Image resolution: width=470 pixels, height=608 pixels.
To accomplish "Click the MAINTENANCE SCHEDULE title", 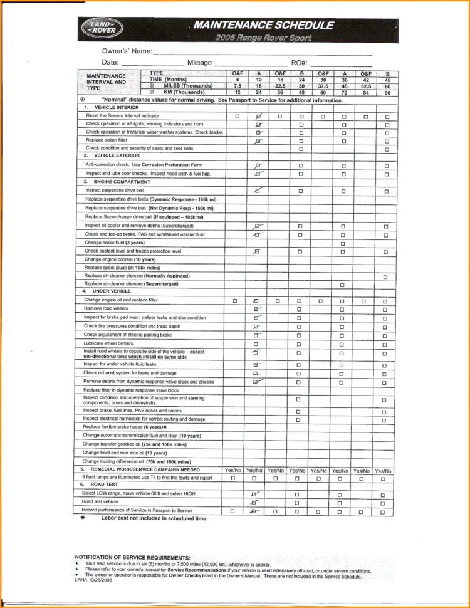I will tap(263, 25).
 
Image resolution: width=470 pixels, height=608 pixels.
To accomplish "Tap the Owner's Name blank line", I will tap(263, 53).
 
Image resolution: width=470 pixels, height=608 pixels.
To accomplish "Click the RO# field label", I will tap(298, 62).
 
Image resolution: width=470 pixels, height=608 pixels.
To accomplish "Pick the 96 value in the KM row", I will tap(387, 92).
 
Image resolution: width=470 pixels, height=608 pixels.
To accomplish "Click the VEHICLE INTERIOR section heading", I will tap(117, 108).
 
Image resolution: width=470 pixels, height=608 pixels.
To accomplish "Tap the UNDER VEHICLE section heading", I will tap(112, 291).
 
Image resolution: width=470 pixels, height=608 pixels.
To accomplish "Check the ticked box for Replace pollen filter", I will tap(258, 141).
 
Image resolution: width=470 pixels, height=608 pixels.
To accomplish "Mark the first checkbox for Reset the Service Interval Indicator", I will tap(237, 117).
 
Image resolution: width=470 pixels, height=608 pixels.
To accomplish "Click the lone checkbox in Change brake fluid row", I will tap(343, 243).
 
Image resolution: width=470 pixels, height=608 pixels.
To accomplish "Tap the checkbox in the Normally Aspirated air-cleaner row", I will tap(385, 276).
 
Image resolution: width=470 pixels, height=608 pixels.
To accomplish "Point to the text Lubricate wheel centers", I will tap(109, 343).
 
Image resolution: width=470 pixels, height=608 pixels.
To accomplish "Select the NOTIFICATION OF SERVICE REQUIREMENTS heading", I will tap(132, 557).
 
